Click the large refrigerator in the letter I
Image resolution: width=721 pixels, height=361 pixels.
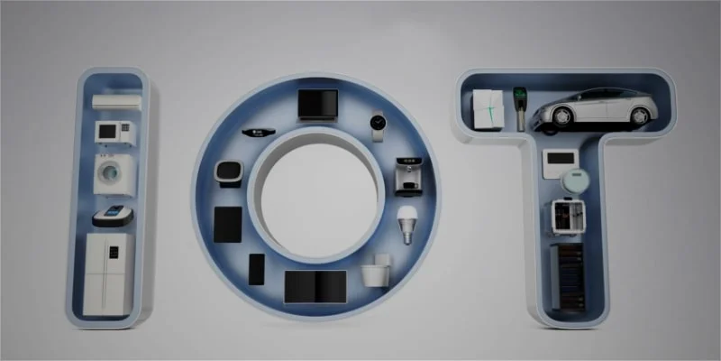tap(108, 274)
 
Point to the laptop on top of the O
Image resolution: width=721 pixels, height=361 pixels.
tap(317, 106)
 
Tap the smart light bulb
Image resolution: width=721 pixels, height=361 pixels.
tap(406, 222)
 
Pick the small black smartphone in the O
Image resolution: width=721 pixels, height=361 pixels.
tap(257, 268)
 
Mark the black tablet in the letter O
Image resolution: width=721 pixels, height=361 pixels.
tap(229, 226)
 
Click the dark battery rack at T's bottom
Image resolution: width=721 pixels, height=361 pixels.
tap(568, 270)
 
